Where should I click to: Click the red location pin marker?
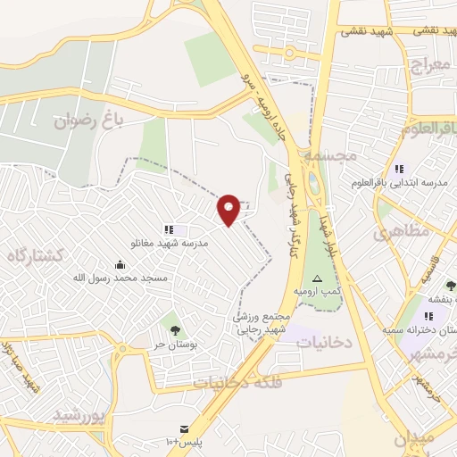point(229,209)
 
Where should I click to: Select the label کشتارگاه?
point(36,256)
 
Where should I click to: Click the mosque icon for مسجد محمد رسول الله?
point(120,264)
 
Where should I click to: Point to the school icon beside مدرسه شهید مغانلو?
point(169,229)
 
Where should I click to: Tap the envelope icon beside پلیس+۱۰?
point(184,429)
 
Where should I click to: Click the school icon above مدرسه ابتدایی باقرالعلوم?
point(399,168)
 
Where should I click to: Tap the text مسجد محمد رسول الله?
point(120,278)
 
